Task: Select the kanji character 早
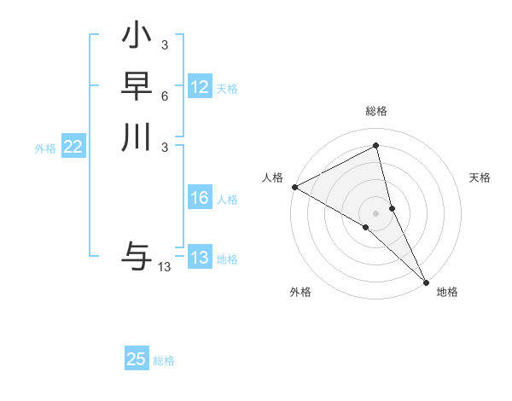coord(137,86)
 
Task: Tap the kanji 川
coord(137,137)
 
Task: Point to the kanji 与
coord(137,255)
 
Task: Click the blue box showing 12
coord(200,87)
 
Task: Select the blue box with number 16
coord(200,198)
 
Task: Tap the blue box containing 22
coord(73,147)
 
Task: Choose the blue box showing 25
coord(137,359)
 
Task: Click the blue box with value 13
coord(200,258)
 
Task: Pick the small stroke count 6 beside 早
coord(164,96)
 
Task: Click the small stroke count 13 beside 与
coord(164,267)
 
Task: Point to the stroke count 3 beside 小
coord(164,45)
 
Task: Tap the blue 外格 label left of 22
coord(45,148)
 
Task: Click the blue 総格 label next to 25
coord(164,361)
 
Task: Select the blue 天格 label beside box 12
coord(227,89)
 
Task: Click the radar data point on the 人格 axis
coord(294,187)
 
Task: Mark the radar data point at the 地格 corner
coord(426,281)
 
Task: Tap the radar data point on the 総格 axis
coord(376,146)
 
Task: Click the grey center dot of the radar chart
coord(376,212)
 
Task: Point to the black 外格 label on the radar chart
coord(300,293)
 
